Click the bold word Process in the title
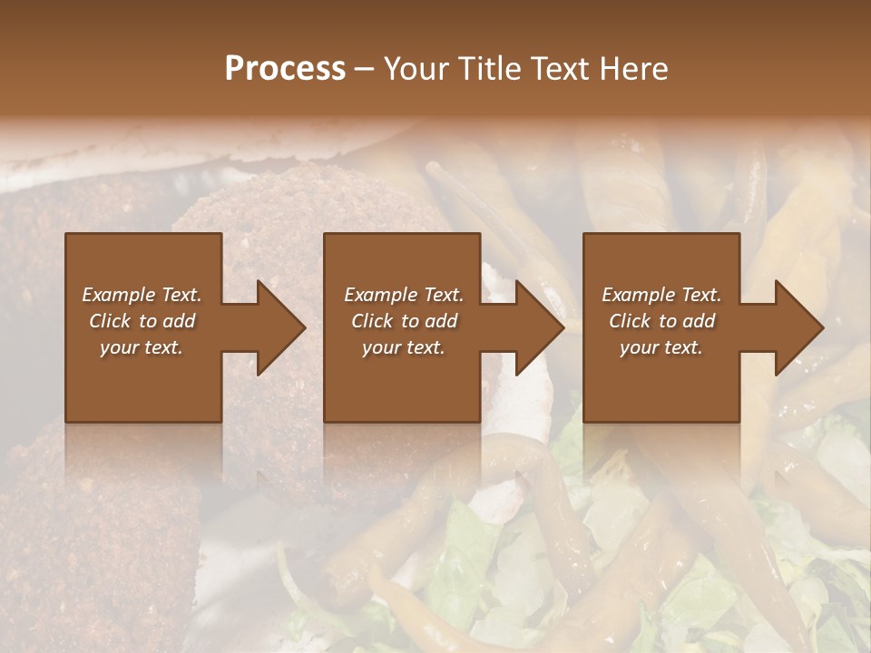click(285, 69)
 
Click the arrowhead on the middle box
click(538, 327)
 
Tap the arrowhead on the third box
click(797, 327)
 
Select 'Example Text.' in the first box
click(142, 295)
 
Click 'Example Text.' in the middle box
click(403, 295)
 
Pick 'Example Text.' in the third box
click(661, 295)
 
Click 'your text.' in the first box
click(142, 347)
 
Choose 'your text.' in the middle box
click(403, 347)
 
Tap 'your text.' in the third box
click(661, 347)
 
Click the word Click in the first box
click(110, 321)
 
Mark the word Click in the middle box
click(372, 321)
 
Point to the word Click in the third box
click(630, 321)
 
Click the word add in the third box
click(700, 321)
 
